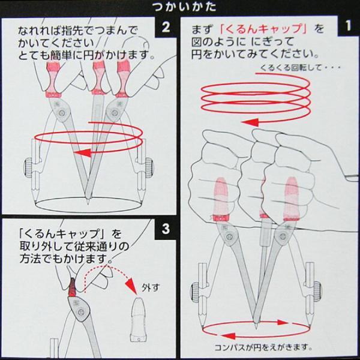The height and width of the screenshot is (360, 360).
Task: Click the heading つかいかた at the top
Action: click(x=184, y=7)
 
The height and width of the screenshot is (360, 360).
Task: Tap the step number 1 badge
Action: click(x=348, y=26)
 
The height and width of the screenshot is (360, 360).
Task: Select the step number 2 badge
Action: click(x=166, y=27)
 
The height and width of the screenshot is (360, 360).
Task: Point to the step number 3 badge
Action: click(x=166, y=229)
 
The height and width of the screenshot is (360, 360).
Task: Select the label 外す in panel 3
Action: click(x=151, y=287)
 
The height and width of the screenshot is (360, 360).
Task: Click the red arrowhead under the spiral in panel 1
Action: click(x=251, y=122)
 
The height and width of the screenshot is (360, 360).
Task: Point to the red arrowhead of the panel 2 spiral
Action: click(x=83, y=152)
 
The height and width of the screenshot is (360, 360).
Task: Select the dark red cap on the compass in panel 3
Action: click(x=73, y=287)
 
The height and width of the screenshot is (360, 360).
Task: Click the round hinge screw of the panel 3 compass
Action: click(x=80, y=312)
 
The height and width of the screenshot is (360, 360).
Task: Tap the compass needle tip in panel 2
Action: click(x=88, y=203)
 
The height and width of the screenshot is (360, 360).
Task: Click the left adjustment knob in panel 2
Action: click(x=28, y=167)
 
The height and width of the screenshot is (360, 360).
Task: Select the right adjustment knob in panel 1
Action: click(x=317, y=292)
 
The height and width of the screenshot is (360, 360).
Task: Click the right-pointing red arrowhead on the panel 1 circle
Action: click(x=283, y=322)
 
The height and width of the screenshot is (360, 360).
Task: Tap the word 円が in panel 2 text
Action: click(x=89, y=56)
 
